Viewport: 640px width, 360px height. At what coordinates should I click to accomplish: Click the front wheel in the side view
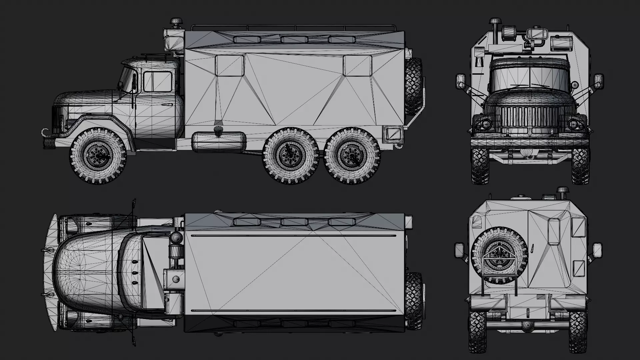[x=98, y=156]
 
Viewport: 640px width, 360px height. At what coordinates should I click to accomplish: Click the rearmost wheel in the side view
[x=352, y=156]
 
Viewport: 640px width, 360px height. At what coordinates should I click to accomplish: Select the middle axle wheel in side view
[x=290, y=156]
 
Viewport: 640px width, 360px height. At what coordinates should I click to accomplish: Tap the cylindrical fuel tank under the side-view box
[x=219, y=142]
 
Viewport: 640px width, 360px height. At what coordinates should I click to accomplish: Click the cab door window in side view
[x=158, y=82]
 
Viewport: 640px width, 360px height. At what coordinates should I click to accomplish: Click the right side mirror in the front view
[x=599, y=82]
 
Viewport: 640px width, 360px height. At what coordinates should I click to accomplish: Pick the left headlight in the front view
[x=485, y=125]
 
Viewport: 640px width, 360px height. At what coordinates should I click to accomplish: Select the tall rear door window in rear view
[x=554, y=232]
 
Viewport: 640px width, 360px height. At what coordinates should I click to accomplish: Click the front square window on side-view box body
[x=230, y=66]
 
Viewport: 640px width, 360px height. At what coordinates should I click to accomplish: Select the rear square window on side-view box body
[x=358, y=66]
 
